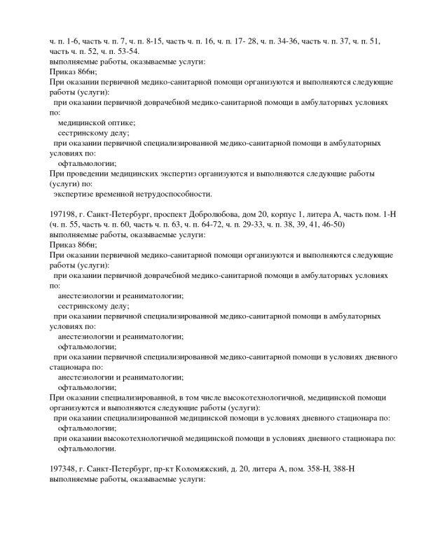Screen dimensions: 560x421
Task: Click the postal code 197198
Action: tap(64, 213)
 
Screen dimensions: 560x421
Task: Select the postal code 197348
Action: tap(64, 468)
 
